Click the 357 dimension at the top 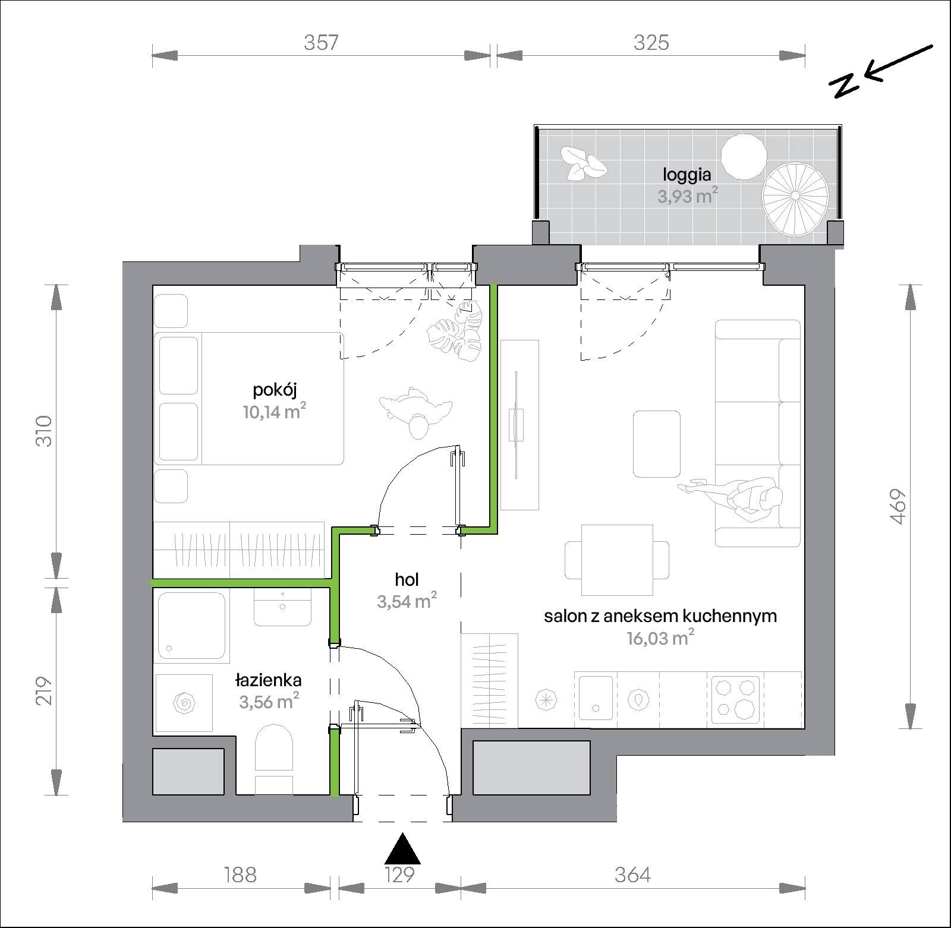[x=321, y=43]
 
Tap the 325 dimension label [x=651, y=43]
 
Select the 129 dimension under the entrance [x=399, y=875]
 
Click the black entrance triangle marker [x=402, y=848]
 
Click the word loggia [x=687, y=175]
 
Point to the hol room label [x=407, y=579]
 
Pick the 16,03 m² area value [x=660, y=638]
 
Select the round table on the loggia [x=744, y=156]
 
